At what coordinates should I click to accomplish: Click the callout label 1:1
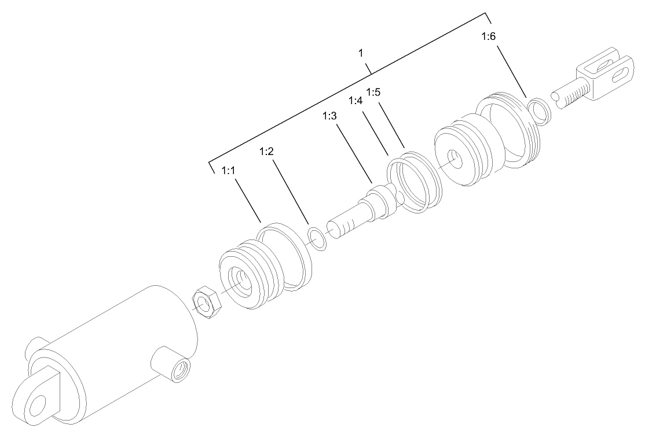point(228,172)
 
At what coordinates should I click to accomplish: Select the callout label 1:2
point(266,152)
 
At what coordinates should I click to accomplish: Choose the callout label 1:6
point(488,37)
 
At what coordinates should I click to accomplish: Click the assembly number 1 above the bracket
point(361,53)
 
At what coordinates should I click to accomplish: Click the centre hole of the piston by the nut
point(242,280)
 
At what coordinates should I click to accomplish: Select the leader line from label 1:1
point(247,200)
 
